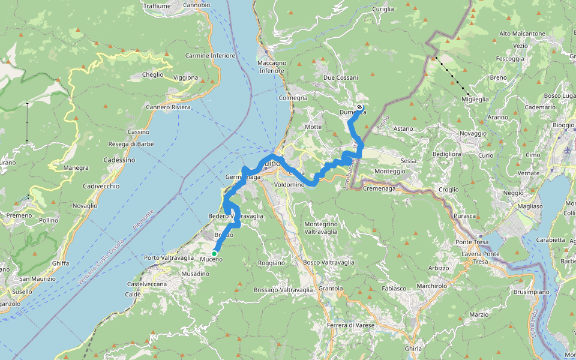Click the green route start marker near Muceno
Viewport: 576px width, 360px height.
click(x=214, y=253)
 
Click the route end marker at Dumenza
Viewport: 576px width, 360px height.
click(x=359, y=107)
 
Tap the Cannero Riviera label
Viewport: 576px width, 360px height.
click(x=168, y=107)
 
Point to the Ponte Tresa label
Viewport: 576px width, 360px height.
click(x=470, y=242)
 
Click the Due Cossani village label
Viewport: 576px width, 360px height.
click(x=340, y=78)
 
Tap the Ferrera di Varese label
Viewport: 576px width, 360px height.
click(x=351, y=325)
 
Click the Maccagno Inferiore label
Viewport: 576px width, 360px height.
click(x=271, y=67)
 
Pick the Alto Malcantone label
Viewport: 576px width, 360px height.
click(x=522, y=34)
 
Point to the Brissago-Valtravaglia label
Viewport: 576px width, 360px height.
click(x=283, y=290)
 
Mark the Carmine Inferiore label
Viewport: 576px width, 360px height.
click(x=210, y=56)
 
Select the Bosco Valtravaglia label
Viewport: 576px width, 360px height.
click(x=329, y=262)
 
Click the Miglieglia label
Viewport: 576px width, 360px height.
click(x=475, y=99)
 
